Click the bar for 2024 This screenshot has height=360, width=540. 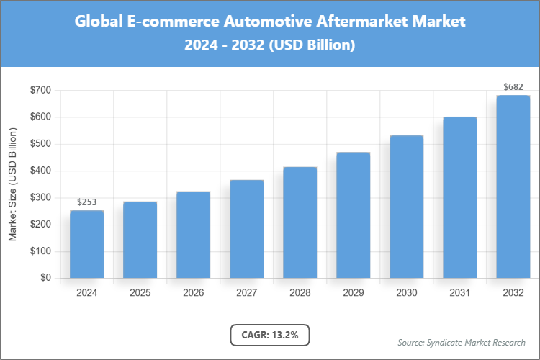point(86,244)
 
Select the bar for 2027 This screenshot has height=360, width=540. point(246,229)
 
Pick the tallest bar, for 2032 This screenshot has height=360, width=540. point(513,186)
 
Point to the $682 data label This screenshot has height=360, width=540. point(513,87)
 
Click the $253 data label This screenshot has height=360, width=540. point(86,202)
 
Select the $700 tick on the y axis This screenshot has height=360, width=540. point(40,90)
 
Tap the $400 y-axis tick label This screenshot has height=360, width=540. point(40,171)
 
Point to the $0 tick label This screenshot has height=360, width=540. point(45,278)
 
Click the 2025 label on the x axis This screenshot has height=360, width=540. point(140,293)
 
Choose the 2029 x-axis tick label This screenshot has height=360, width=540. point(353,293)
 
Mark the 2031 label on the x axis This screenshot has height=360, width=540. point(459,293)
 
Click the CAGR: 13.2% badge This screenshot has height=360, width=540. point(269,335)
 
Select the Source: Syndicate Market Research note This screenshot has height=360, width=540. point(461,342)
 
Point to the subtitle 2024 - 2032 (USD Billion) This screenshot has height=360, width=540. point(270,45)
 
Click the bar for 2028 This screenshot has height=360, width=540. point(300,222)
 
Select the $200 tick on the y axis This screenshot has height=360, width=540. point(40,225)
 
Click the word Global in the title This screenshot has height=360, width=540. point(99,22)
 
